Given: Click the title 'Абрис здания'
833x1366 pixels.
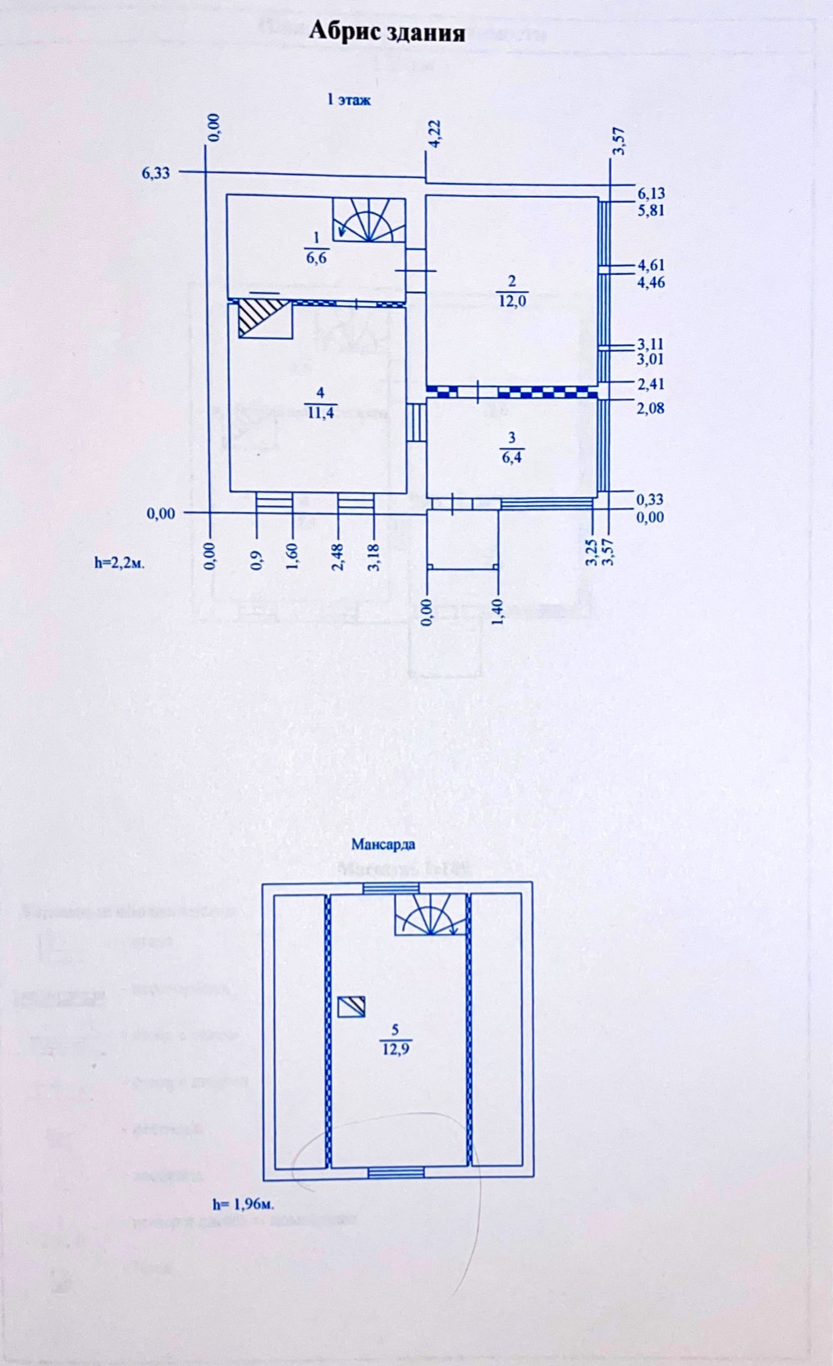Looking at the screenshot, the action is (x=387, y=32).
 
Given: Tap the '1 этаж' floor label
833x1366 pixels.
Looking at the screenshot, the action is (x=349, y=100).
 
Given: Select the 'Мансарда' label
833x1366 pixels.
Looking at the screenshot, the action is (x=383, y=843).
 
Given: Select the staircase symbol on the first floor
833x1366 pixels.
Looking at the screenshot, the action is (x=368, y=220).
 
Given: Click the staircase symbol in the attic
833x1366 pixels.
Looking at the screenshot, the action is (x=429, y=914).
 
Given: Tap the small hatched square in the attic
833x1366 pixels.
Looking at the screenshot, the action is (x=351, y=1007).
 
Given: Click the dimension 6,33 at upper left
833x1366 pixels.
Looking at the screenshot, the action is (x=156, y=173).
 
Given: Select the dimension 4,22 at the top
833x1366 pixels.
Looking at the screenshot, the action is (x=435, y=135).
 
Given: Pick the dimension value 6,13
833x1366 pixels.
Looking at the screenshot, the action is (x=651, y=194).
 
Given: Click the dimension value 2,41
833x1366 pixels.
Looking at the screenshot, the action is (x=651, y=384).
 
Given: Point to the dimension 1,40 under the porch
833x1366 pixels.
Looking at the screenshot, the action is (x=497, y=612).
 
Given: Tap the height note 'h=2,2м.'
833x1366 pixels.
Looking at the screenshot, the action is (x=120, y=563).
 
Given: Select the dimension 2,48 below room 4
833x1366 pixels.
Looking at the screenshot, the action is (x=337, y=556).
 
